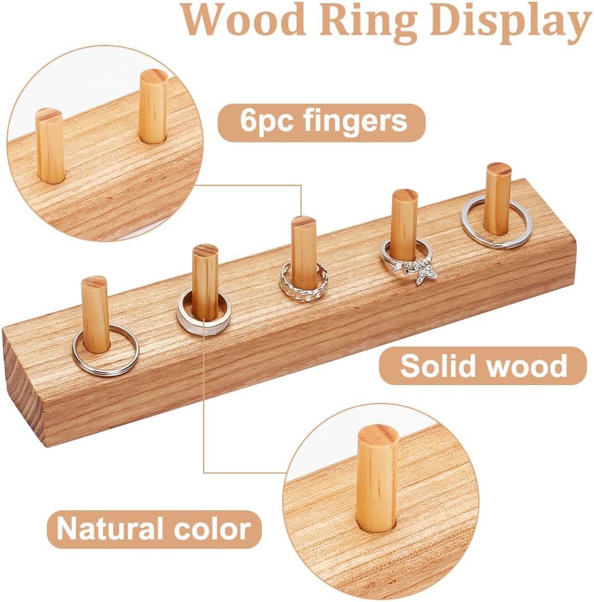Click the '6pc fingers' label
pyautogui.click(x=323, y=121)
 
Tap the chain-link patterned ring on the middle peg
pyautogui.click(x=304, y=288)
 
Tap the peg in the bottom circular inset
pyautogui.click(x=377, y=477)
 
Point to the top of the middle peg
pyautogui.click(x=304, y=223)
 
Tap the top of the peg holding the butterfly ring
pyautogui.click(x=404, y=195)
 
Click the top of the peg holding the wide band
pyautogui.click(x=205, y=251)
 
